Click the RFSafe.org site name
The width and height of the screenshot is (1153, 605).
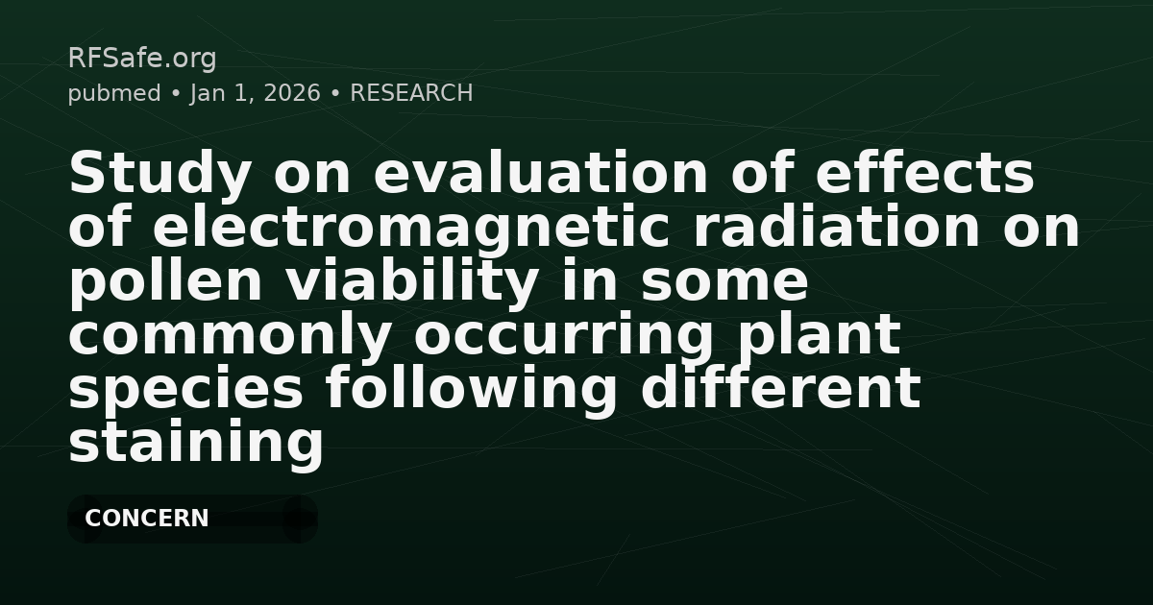[141, 59]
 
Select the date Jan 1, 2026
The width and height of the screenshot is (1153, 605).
[255, 93]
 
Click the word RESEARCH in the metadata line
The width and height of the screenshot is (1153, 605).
[411, 93]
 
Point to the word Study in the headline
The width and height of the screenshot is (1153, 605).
[160, 175]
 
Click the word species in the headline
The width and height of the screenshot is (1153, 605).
[186, 390]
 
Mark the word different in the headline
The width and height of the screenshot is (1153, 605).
[779, 390]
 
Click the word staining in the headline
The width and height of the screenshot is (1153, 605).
[196, 444]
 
